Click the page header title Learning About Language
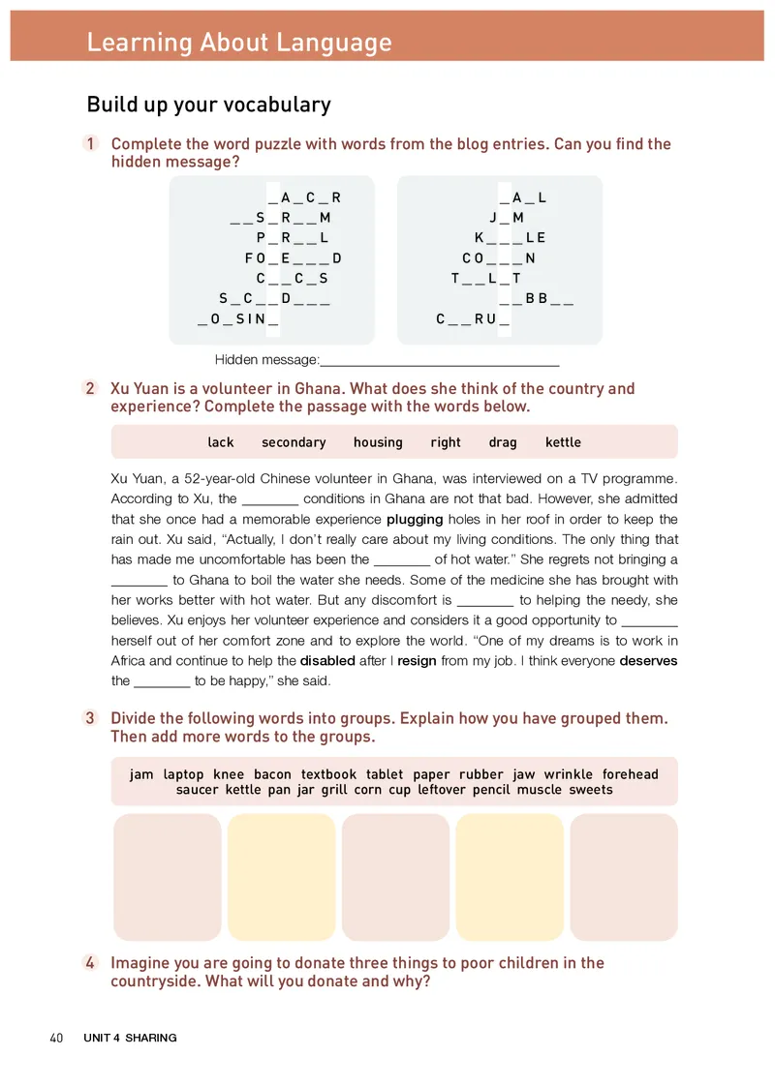[x=239, y=43]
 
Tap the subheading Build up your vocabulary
[x=208, y=105]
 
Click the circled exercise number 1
[x=91, y=144]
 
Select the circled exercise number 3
[x=91, y=718]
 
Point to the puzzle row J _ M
[x=506, y=218]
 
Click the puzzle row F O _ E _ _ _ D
[x=293, y=258]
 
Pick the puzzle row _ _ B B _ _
[x=536, y=299]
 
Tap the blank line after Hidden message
[x=440, y=361]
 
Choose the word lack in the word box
[x=221, y=442]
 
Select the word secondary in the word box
[x=294, y=442]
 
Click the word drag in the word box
[x=503, y=442]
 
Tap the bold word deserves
[x=648, y=661]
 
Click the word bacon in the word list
[x=272, y=774]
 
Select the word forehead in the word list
[x=630, y=774]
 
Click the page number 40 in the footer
[x=56, y=1038]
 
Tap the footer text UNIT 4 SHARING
[x=130, y=1038]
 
